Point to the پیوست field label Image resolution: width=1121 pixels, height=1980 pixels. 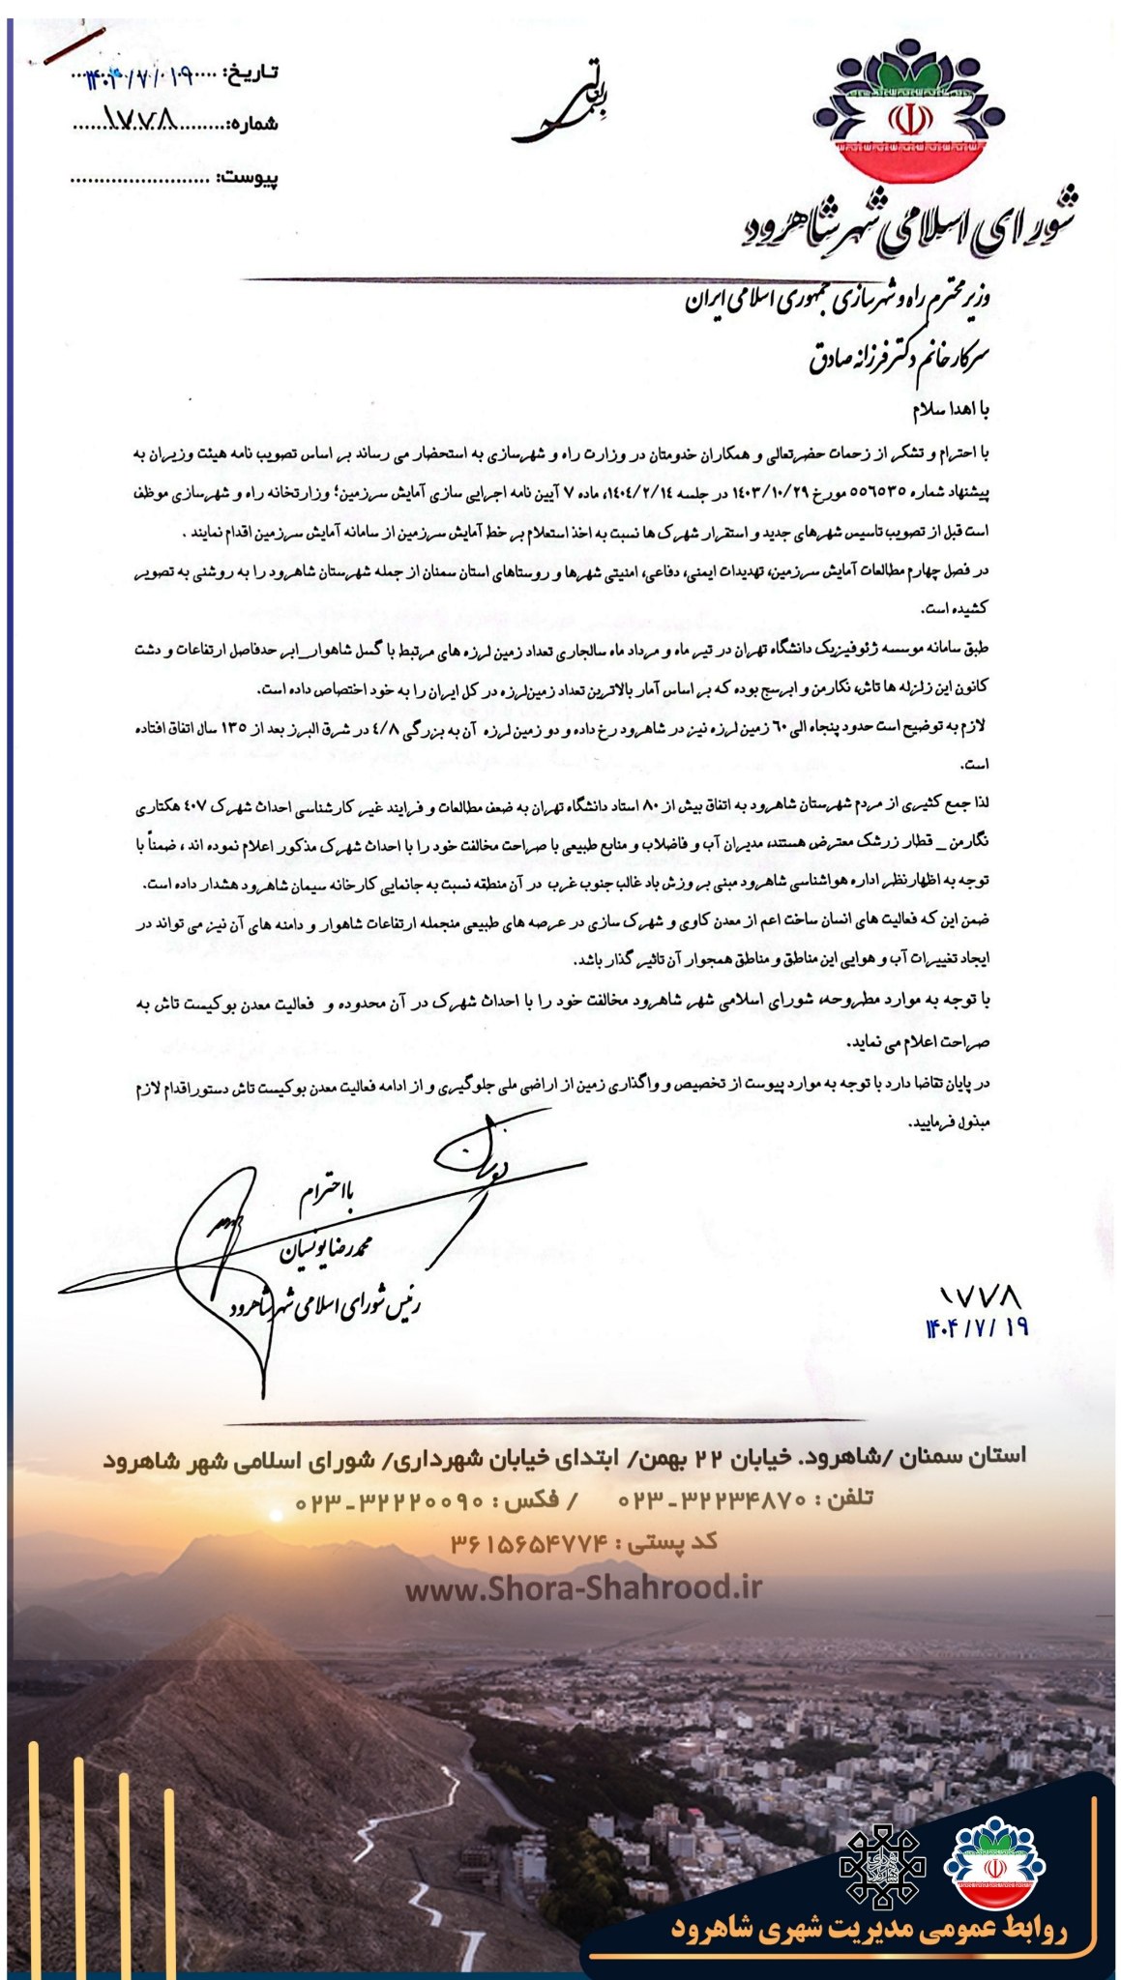(249, 178)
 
